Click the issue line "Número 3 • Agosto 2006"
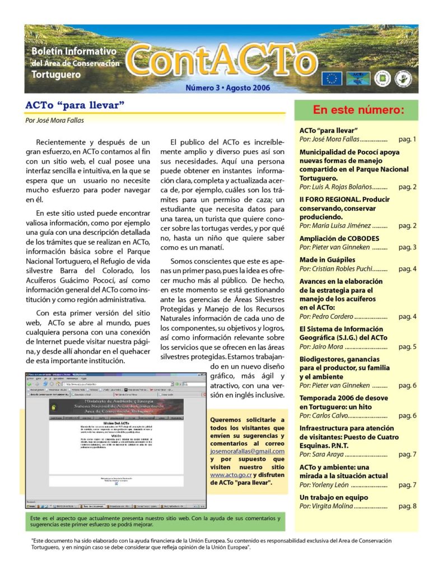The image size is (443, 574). point(228,88)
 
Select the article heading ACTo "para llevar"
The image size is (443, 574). point(74,105)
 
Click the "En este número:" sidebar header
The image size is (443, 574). point(358,109)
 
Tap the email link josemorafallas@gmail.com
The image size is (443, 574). point(247,451)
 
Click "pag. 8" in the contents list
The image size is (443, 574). point(407,506)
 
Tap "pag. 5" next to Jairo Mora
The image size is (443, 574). point(407,347)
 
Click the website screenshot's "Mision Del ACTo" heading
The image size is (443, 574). point(117,423)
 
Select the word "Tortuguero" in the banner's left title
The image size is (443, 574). point(56,75)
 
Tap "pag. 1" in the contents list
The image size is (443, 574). point(407,138)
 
